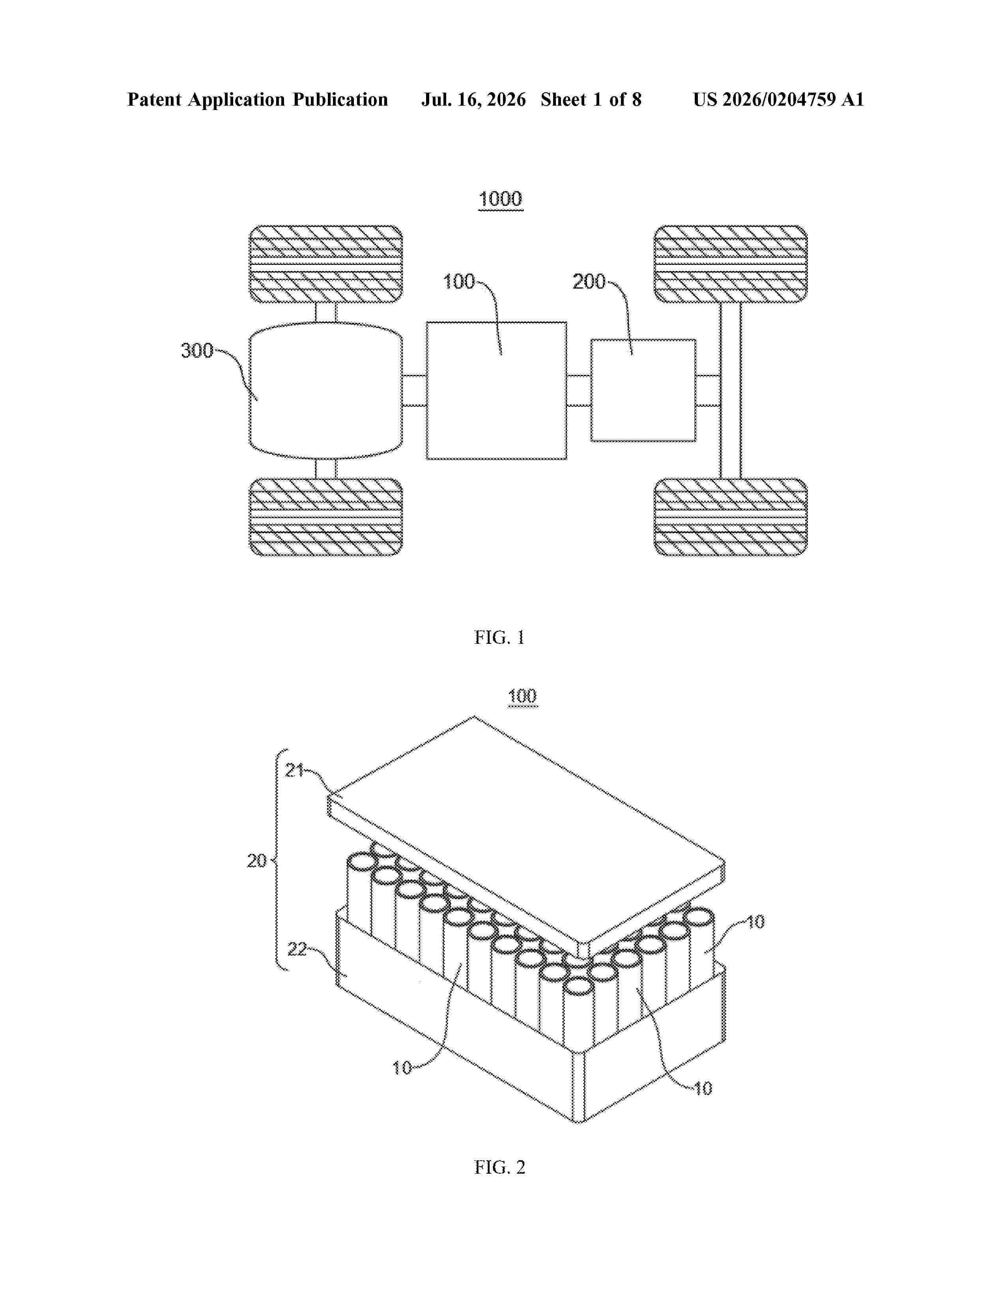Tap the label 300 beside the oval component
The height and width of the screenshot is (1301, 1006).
click(197, 350)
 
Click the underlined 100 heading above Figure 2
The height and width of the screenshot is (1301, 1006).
click(523, 696)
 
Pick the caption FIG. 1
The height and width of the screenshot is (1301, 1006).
click(499, 637)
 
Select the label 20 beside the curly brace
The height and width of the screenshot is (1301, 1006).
click(257, 860)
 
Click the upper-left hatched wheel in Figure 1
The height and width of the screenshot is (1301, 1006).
click(325, 264)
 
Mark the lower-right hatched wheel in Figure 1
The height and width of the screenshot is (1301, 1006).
click(731, 517)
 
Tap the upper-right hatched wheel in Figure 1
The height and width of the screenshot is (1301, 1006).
click(731, 264)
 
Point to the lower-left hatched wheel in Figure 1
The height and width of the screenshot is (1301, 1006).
click(325, 517)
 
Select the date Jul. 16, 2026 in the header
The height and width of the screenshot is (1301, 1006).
click(474, 99)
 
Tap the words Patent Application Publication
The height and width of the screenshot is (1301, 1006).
click(258, 99)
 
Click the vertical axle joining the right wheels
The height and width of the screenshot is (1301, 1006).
click(731, 391)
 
